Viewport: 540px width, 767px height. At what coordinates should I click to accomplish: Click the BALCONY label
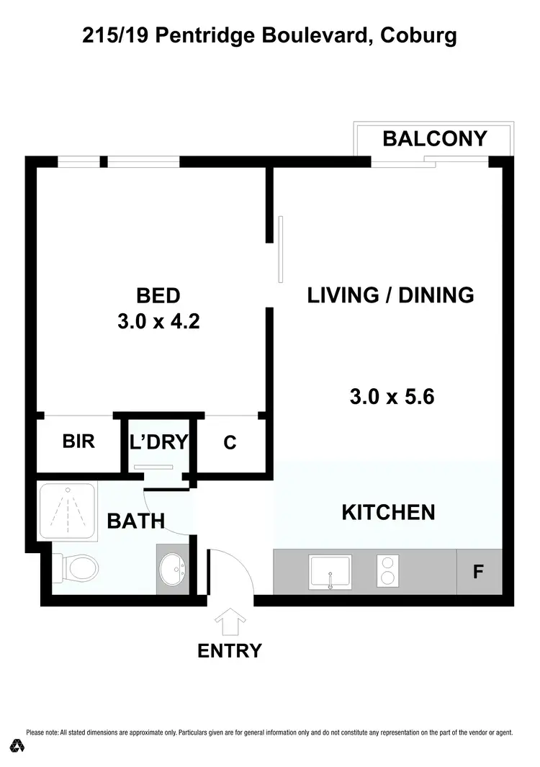(x=435, y=138)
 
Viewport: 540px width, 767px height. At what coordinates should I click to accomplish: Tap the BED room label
(x=158, y=295)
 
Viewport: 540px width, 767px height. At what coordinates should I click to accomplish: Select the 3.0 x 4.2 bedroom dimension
(x=158, y=322)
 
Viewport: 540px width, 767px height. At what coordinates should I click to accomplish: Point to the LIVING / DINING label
(x=390, y=295)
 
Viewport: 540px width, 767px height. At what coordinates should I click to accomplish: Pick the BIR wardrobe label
(x=78, y=441)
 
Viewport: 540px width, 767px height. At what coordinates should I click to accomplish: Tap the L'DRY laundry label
(x=158, y=441)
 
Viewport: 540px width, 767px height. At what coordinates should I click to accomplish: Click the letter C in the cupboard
(x=230, y=442)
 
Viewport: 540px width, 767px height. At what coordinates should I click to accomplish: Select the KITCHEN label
(x=388, y=512)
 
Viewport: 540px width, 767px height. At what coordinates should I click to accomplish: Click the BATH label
(x=136, y=520)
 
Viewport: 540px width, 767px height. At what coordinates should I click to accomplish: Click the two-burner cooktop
(x=387, y=573)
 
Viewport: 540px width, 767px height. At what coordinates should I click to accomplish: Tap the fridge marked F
(x=477, y=573)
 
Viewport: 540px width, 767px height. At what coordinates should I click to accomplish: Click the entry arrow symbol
(x=230, y=620)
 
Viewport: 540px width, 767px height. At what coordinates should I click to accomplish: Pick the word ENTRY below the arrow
(x=230, y=651)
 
